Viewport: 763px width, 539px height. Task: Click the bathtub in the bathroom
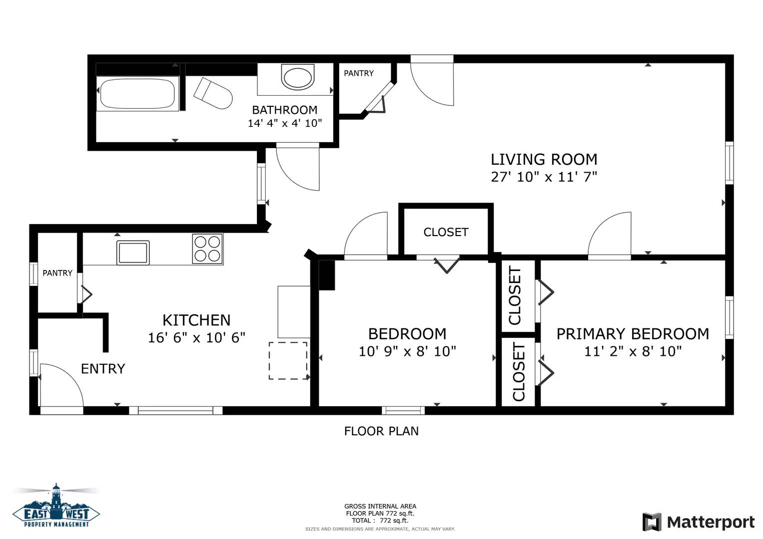137,94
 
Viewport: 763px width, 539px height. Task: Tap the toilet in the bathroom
213,94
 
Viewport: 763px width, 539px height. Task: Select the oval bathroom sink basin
298,78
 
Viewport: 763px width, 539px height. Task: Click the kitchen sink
133,253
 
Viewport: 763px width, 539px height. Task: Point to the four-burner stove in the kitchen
207,249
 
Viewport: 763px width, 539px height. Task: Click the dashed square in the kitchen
288,360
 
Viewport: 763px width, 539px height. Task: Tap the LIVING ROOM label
544,159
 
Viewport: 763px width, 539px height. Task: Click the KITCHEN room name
196,320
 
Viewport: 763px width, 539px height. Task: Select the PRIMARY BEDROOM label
633,334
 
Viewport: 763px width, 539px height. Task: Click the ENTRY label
103,368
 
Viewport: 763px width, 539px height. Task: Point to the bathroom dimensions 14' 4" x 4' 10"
285,123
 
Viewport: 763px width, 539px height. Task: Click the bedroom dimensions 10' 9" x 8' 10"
407,351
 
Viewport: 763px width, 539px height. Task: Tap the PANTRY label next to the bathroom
359,73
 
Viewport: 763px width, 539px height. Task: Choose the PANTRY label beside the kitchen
57,273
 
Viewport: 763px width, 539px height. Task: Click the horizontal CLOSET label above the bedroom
446,232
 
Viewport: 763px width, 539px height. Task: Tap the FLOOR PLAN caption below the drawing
381,431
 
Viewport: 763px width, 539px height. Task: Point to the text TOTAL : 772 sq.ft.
380,521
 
